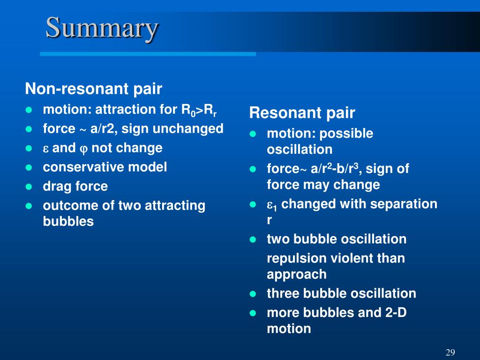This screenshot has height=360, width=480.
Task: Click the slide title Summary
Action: (102, 29)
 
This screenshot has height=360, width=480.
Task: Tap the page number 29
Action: (450, 352)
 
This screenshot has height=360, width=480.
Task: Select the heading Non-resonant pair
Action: (93, 89)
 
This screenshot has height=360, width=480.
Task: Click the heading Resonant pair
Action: (302, 112)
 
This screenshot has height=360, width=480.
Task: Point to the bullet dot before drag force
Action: (29, 187)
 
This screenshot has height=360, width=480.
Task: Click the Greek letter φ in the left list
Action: (83, 149)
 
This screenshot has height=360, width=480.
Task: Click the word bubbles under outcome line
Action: (68, 221)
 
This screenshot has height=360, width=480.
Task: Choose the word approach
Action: (296, 275)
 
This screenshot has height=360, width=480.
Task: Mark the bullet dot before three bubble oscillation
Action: (253, 294)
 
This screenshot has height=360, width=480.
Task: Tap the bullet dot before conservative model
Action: (29, 167)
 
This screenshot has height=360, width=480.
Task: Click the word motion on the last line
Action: (289, 329)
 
